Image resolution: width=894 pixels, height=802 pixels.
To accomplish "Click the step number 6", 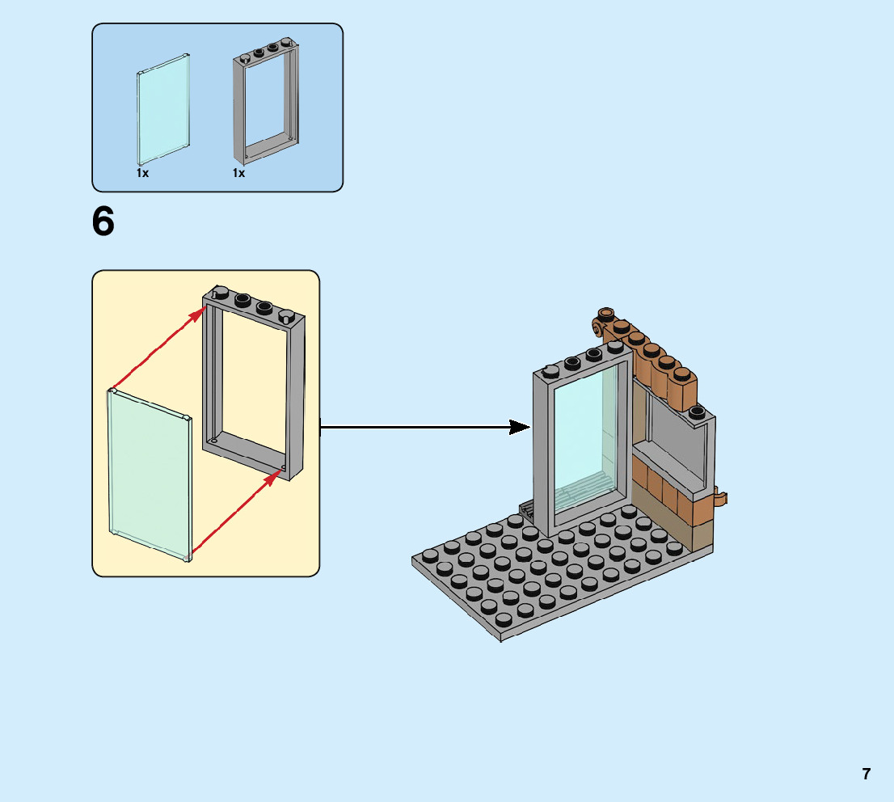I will pyautogui.click(x=103, y=222).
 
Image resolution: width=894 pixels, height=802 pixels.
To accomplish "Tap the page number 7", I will pyautogui.click(x=866, y=774).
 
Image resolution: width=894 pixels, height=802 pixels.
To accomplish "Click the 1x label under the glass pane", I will pyautogui.click(x=142, y=173).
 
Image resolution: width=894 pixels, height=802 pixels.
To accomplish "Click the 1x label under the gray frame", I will pyautogui.click(x=238, y=173).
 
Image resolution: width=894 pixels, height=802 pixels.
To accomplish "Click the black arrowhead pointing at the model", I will pyautogui.click(x=520, y=427).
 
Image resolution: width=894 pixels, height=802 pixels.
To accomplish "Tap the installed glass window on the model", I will pyautogui.click(x=583, y=441).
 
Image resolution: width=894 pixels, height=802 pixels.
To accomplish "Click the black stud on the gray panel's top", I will pyautogui.click(x=698, y=412).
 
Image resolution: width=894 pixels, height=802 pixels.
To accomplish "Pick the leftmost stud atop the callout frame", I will pyautogui.click(x=220, y=293).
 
